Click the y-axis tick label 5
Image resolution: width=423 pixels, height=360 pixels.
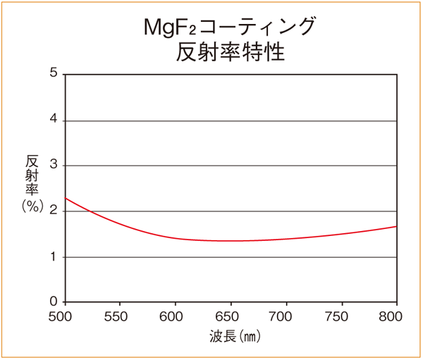54,73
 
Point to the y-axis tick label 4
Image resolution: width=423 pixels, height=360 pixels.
54,120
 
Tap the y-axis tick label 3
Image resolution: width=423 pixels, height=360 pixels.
54,166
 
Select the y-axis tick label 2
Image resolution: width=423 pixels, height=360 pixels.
54,211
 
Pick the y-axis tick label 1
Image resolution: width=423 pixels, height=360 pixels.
54,257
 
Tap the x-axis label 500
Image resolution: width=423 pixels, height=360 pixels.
64,316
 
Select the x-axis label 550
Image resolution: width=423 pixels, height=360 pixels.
119,316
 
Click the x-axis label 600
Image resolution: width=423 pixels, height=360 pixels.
174,316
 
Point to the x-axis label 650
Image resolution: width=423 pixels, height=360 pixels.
229,316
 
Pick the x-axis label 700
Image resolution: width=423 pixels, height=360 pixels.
285,316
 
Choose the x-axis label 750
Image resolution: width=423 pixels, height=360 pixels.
340,316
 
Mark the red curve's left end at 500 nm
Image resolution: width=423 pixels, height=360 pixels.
66,198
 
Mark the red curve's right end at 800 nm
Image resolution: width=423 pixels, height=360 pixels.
396,226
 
